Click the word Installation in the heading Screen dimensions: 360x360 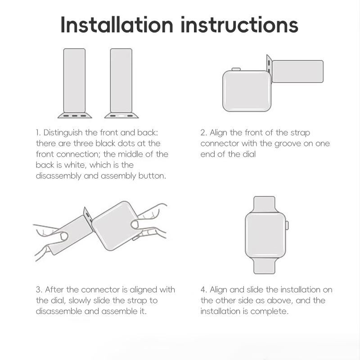tap(117, 25)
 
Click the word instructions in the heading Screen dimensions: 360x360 tap(239, 25)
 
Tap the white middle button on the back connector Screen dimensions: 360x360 tap(121, 116)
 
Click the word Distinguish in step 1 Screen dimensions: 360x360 tap(63, 133)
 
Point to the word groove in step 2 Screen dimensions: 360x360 tap(288, 144)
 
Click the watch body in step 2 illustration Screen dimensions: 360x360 tap(247, 91)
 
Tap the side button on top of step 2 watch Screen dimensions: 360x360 tap(236, 69)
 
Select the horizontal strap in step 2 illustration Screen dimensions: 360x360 tap(297, 72)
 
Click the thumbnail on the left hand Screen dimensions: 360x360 tap(64, 236)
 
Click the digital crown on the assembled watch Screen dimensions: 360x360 tap(287, 225)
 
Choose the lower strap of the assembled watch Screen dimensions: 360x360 tap(264, 265)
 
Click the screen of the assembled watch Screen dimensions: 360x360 tap(265, 235)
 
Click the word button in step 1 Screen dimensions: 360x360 tap(152, 176)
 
